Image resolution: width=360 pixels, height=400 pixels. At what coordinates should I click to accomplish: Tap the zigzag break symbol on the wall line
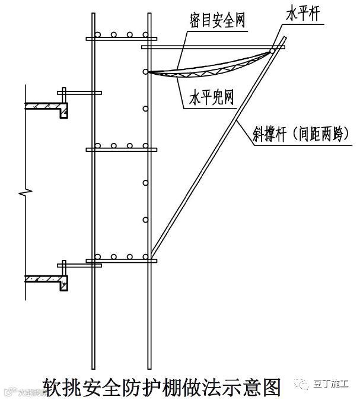[23, 193]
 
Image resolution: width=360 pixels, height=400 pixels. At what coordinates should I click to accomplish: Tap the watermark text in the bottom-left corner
[24, 393]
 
